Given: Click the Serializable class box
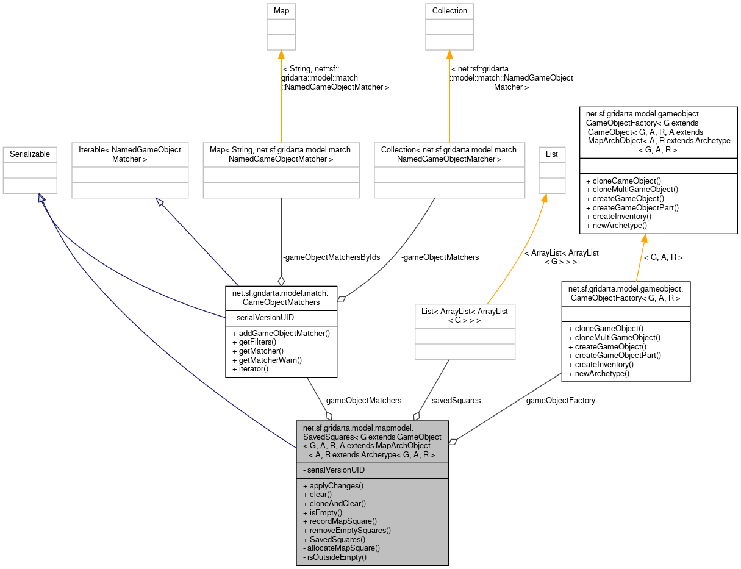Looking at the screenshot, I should (30, 154).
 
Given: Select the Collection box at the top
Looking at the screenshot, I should (449, 11).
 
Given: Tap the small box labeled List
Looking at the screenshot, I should (552, 154).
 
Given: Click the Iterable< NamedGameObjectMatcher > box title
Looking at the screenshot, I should (130, 154).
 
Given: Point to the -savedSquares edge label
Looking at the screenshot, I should (455, 401).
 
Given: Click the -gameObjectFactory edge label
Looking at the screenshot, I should (559, 401).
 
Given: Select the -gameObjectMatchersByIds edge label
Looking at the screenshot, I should (331, 257).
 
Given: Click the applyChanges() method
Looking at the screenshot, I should (336, 486).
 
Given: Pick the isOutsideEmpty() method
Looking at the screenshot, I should (337, 557).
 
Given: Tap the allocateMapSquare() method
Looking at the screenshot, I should (343, 548).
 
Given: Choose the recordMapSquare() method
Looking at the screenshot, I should (343, 521).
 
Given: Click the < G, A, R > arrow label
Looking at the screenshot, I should (663, 257).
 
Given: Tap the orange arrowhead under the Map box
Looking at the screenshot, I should (281, 55).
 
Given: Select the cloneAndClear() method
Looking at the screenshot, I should (337, 504).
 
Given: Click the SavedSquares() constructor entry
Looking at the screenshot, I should (337, 540).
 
